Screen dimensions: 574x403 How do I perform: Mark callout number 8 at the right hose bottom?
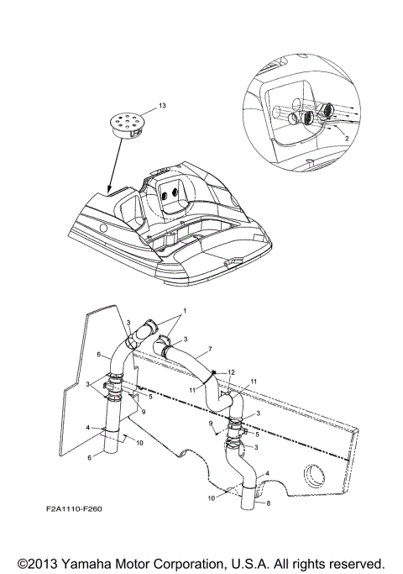coord(269,504)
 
